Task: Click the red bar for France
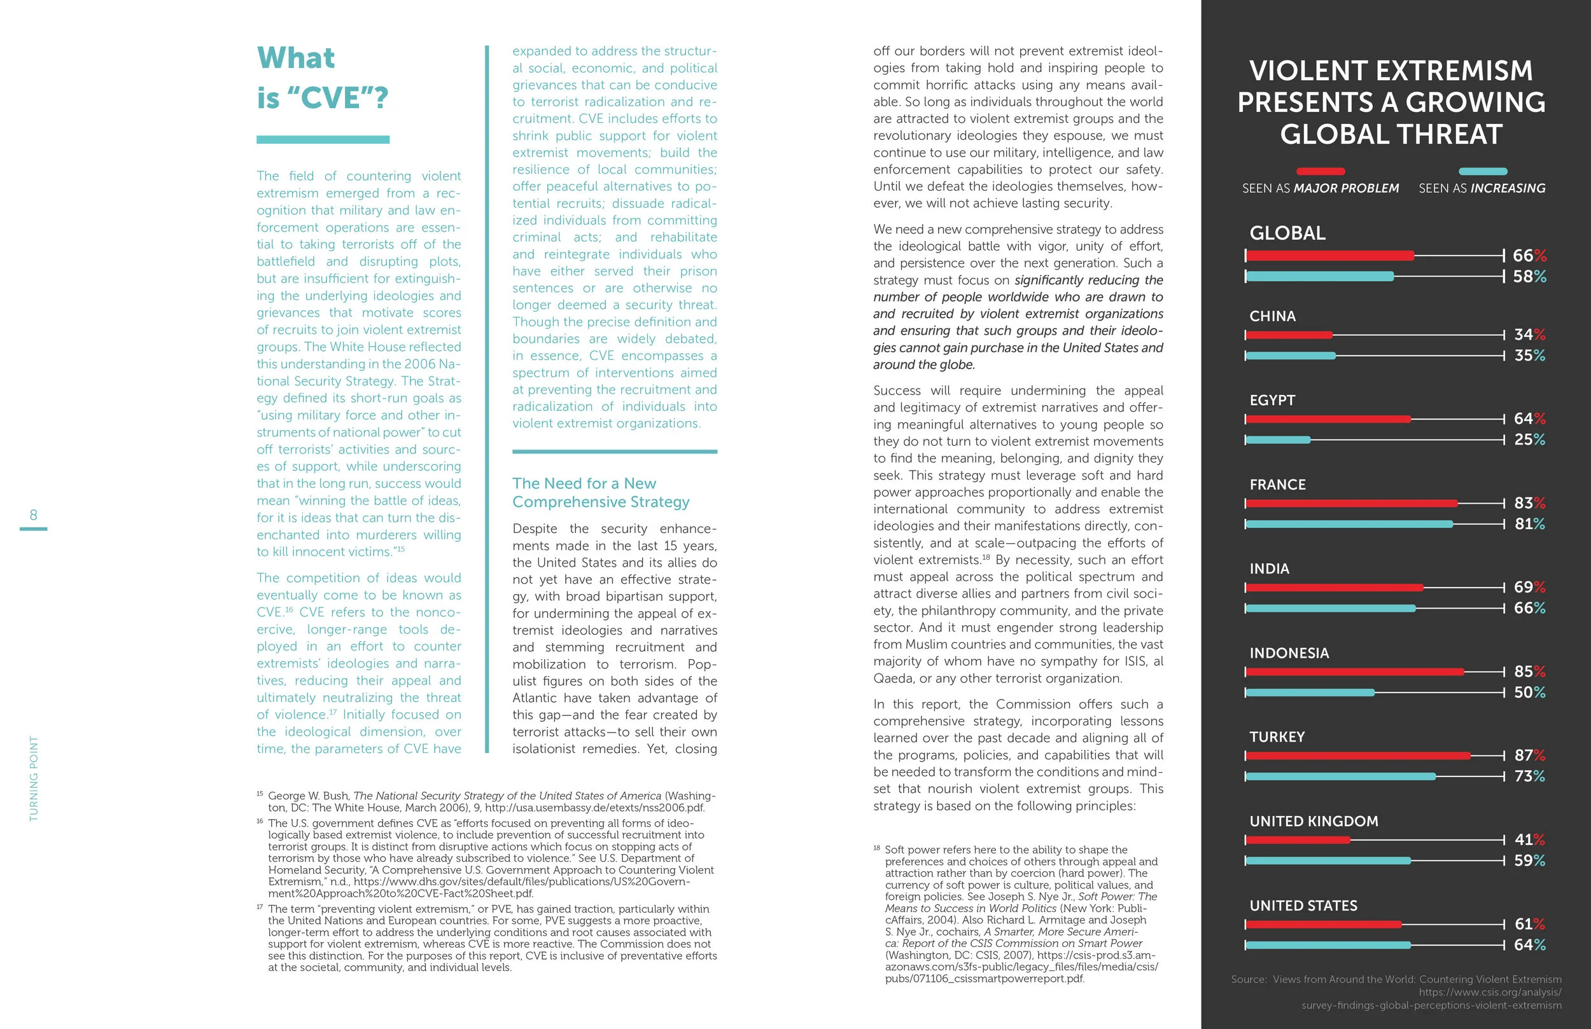click(x=1351, y=503)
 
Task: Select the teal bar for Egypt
click(x=1277, y=439)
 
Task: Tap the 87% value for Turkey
click(x=1529, y=755)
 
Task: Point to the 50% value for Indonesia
click(x=1529, y=692)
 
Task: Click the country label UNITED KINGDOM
click(x=1314, y=821)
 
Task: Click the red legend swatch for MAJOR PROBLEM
click(x=1321, y=171)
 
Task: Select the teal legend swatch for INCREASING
click(x=1482, y=171)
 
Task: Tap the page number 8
click(x=34, y=514)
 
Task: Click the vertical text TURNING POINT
click(x=34, y=778)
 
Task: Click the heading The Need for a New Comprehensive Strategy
click(x=600, y=492)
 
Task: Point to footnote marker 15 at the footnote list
click(x=260, y=794)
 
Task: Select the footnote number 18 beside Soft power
click(x=876, y=848)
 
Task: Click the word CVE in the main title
click(x=332, y=98)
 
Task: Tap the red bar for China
click(x=1288, y=335)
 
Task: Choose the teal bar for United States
click(x=1328, y=945)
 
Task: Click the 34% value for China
click(x=1529, y=334)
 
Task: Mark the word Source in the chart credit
click(x=1248, y=979)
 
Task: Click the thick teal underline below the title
click(x=323, y=140)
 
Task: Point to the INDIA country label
click(x=1269, y=569)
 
